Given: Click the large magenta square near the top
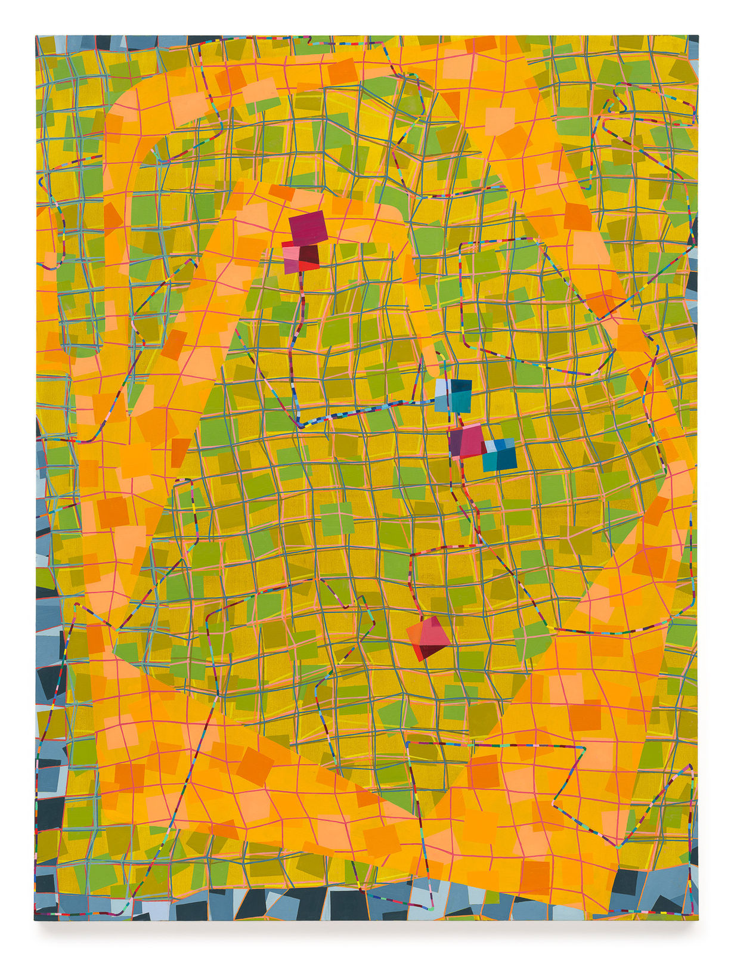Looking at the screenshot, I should click(308, 227).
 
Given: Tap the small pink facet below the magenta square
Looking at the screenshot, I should click(290, 255).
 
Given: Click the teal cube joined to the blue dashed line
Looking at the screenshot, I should click(454, 396).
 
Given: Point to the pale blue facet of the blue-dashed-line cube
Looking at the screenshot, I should click(442, 388).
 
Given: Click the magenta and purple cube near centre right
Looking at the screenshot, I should click(467, 442).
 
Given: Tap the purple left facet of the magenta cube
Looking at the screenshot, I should click(456, 444).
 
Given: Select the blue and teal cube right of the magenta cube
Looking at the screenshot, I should click(500, 455).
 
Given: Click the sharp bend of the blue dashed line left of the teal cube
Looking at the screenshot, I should click(300, 426).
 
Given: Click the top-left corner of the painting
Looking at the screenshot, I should click(36, 36).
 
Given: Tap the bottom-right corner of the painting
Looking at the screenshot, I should click(698, 920).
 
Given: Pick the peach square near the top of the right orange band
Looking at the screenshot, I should click(500, 121).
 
